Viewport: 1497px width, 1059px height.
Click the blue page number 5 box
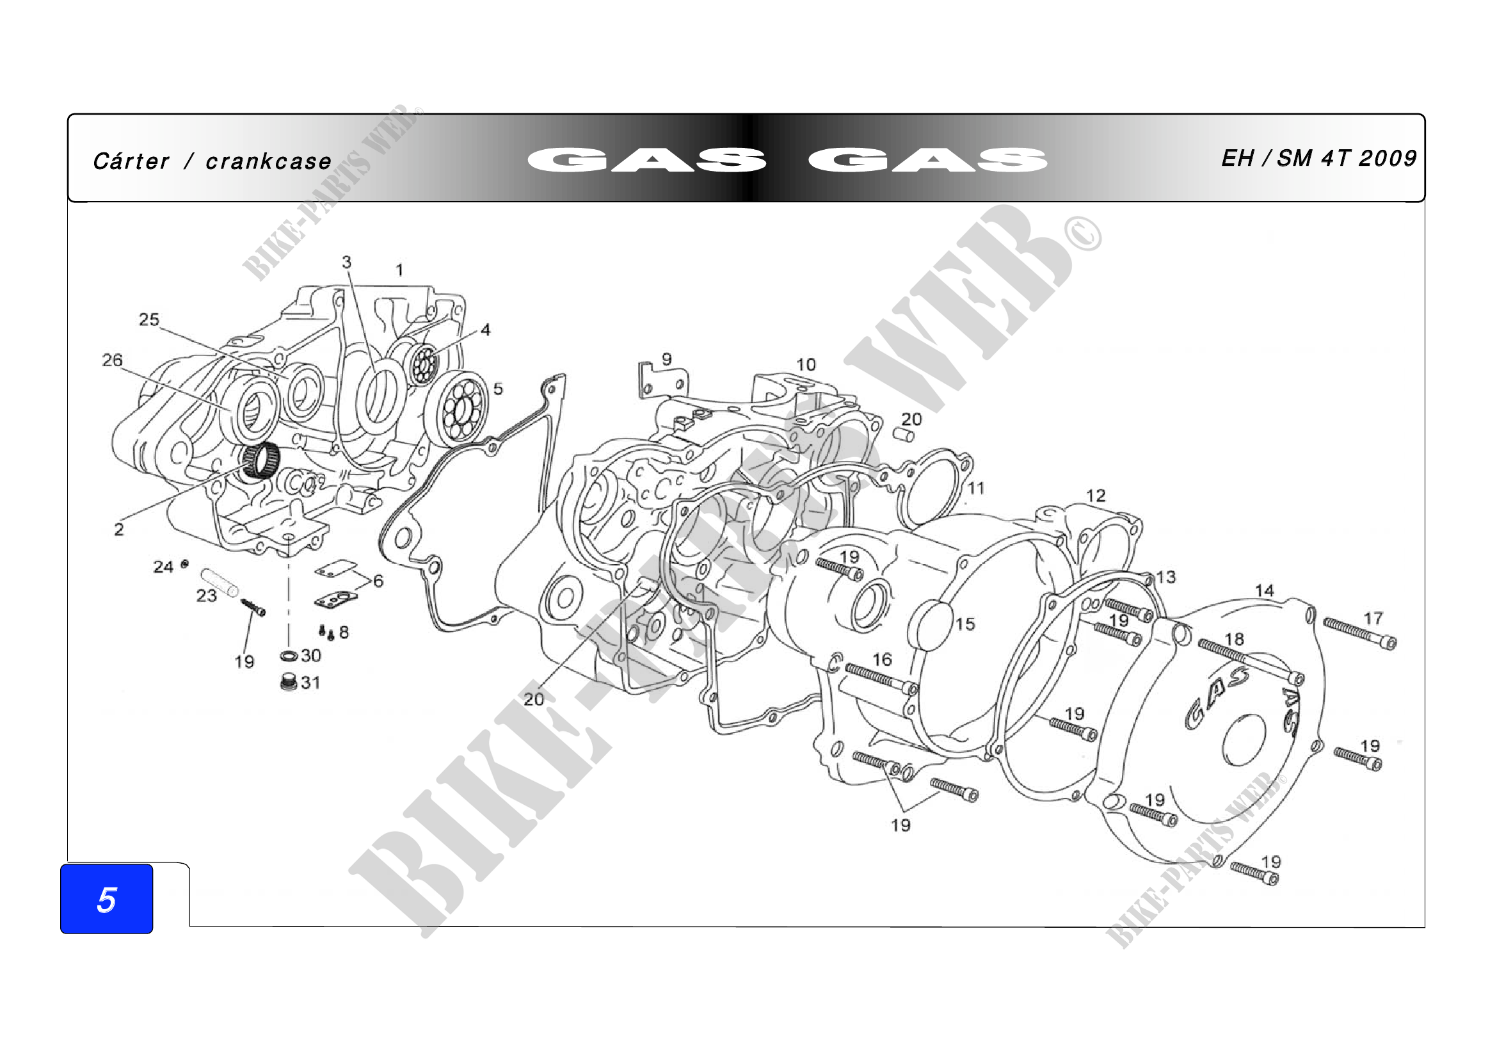106,898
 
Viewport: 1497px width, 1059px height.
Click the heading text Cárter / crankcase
212,161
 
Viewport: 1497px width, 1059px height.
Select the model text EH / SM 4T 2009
1318,158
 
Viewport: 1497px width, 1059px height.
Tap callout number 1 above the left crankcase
399,270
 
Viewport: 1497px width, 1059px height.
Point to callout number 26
112,360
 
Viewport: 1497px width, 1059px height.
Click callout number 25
148,319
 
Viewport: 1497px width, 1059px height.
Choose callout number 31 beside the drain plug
310,683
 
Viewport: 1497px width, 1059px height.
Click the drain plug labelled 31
288,683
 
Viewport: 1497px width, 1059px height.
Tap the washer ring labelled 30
289,656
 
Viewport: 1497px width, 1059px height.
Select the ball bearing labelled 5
456,409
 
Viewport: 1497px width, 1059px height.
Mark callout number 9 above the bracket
666,359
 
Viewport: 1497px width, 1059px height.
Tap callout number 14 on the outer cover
1264,591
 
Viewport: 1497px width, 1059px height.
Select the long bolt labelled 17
1360,634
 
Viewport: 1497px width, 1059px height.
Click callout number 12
1096,496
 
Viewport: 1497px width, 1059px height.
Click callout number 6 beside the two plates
378,580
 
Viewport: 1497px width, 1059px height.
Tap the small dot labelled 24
185,563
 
